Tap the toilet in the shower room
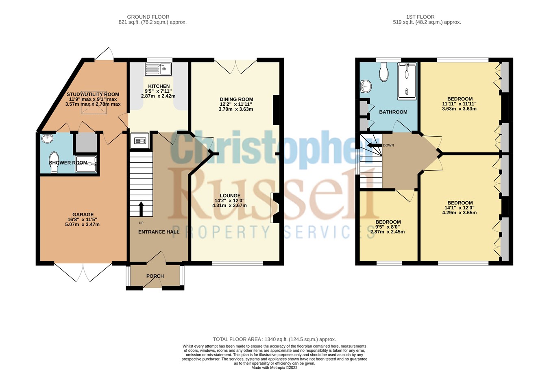pos(54,162)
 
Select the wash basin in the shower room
pos(48,139)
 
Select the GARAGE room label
pos(83,215)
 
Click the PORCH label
pos(155,276)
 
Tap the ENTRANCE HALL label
pos(159,232)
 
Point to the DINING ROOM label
pos(236,99)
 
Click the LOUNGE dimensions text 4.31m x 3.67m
pos(229,205)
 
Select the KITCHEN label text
pos(159,86)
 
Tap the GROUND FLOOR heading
pos(148,17)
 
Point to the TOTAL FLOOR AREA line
pos(274,339)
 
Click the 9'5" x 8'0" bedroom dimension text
pos(388,227)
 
